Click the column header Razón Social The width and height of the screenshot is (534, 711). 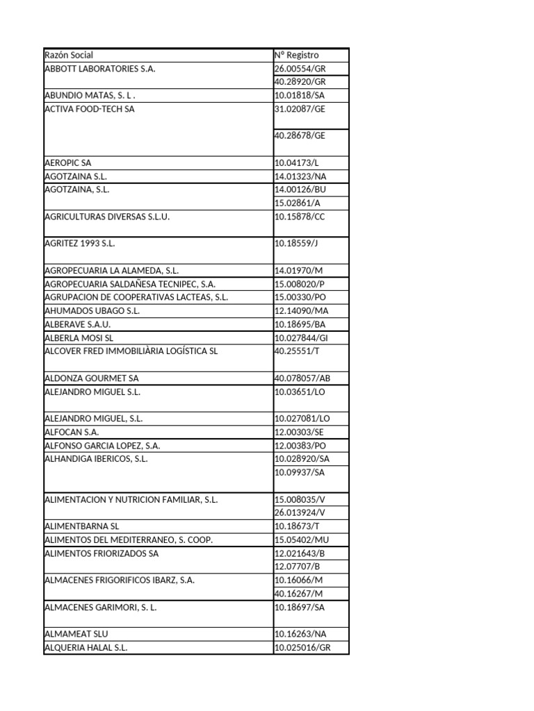coord(69,55)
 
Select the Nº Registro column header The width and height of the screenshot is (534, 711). coord(297,55)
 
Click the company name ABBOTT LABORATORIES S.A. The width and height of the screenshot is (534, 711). coord(100,69)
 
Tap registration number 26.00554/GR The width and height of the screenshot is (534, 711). coord(300,69)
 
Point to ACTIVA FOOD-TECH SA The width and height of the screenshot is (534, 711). coord(90,109)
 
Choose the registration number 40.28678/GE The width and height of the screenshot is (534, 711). coord(300,135)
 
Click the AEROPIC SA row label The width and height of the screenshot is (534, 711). coord(67,162)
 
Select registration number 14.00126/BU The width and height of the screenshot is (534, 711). coord(300,190)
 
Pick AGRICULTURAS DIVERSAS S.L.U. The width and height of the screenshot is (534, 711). coord(107,217)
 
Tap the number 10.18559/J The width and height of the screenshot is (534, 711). coord(297,244)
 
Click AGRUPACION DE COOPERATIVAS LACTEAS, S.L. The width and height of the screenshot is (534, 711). coord(136,297)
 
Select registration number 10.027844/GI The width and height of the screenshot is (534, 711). coord(302,337)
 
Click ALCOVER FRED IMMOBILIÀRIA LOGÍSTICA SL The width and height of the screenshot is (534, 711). coord(131,351)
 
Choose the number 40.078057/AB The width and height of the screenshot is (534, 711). coord(303,378)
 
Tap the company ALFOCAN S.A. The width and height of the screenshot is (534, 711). coord(72,432)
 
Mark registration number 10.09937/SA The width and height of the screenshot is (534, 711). coord(300,472)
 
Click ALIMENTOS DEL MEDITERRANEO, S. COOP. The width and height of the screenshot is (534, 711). coord(128,539)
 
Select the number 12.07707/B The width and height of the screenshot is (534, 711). coord(297,567)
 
